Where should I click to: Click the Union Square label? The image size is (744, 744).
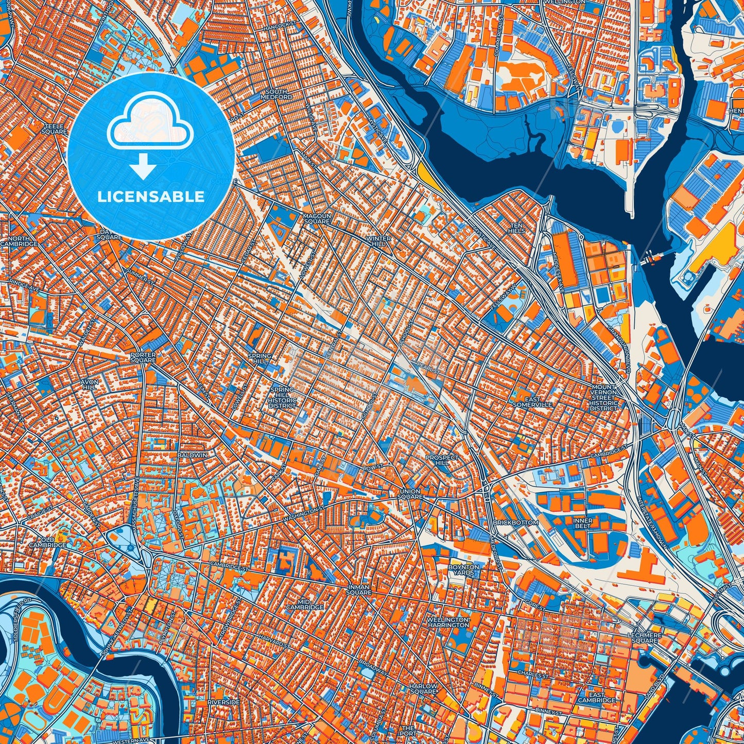410,494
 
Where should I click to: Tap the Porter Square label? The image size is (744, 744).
143,357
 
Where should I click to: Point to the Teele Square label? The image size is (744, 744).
56,129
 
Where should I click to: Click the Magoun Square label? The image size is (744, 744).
316,218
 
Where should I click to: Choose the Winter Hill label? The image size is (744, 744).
378,241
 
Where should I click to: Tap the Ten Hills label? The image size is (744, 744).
517,228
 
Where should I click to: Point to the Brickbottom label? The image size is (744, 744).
515,522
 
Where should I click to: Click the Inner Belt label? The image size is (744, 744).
583,523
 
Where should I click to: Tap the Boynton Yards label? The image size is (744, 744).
463,569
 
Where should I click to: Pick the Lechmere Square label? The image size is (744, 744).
644,637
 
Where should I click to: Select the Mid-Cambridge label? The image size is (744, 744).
313,604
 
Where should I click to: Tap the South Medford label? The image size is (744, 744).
276,94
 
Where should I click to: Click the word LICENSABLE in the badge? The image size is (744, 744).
151,196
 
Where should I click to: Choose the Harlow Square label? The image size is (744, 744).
423,688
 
